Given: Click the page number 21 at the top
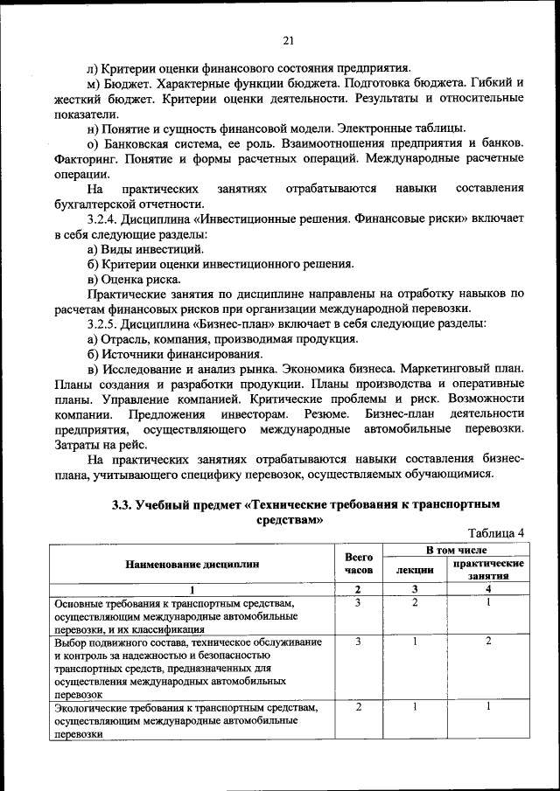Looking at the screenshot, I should tap(288, 38).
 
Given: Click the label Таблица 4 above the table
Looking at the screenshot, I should tap(496, 533).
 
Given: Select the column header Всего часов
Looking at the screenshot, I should tap(359, 563).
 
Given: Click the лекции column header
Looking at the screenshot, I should tap(415, 570).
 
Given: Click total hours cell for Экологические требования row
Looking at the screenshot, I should tap(359, 706).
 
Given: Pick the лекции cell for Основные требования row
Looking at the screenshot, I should tap(415, 602).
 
